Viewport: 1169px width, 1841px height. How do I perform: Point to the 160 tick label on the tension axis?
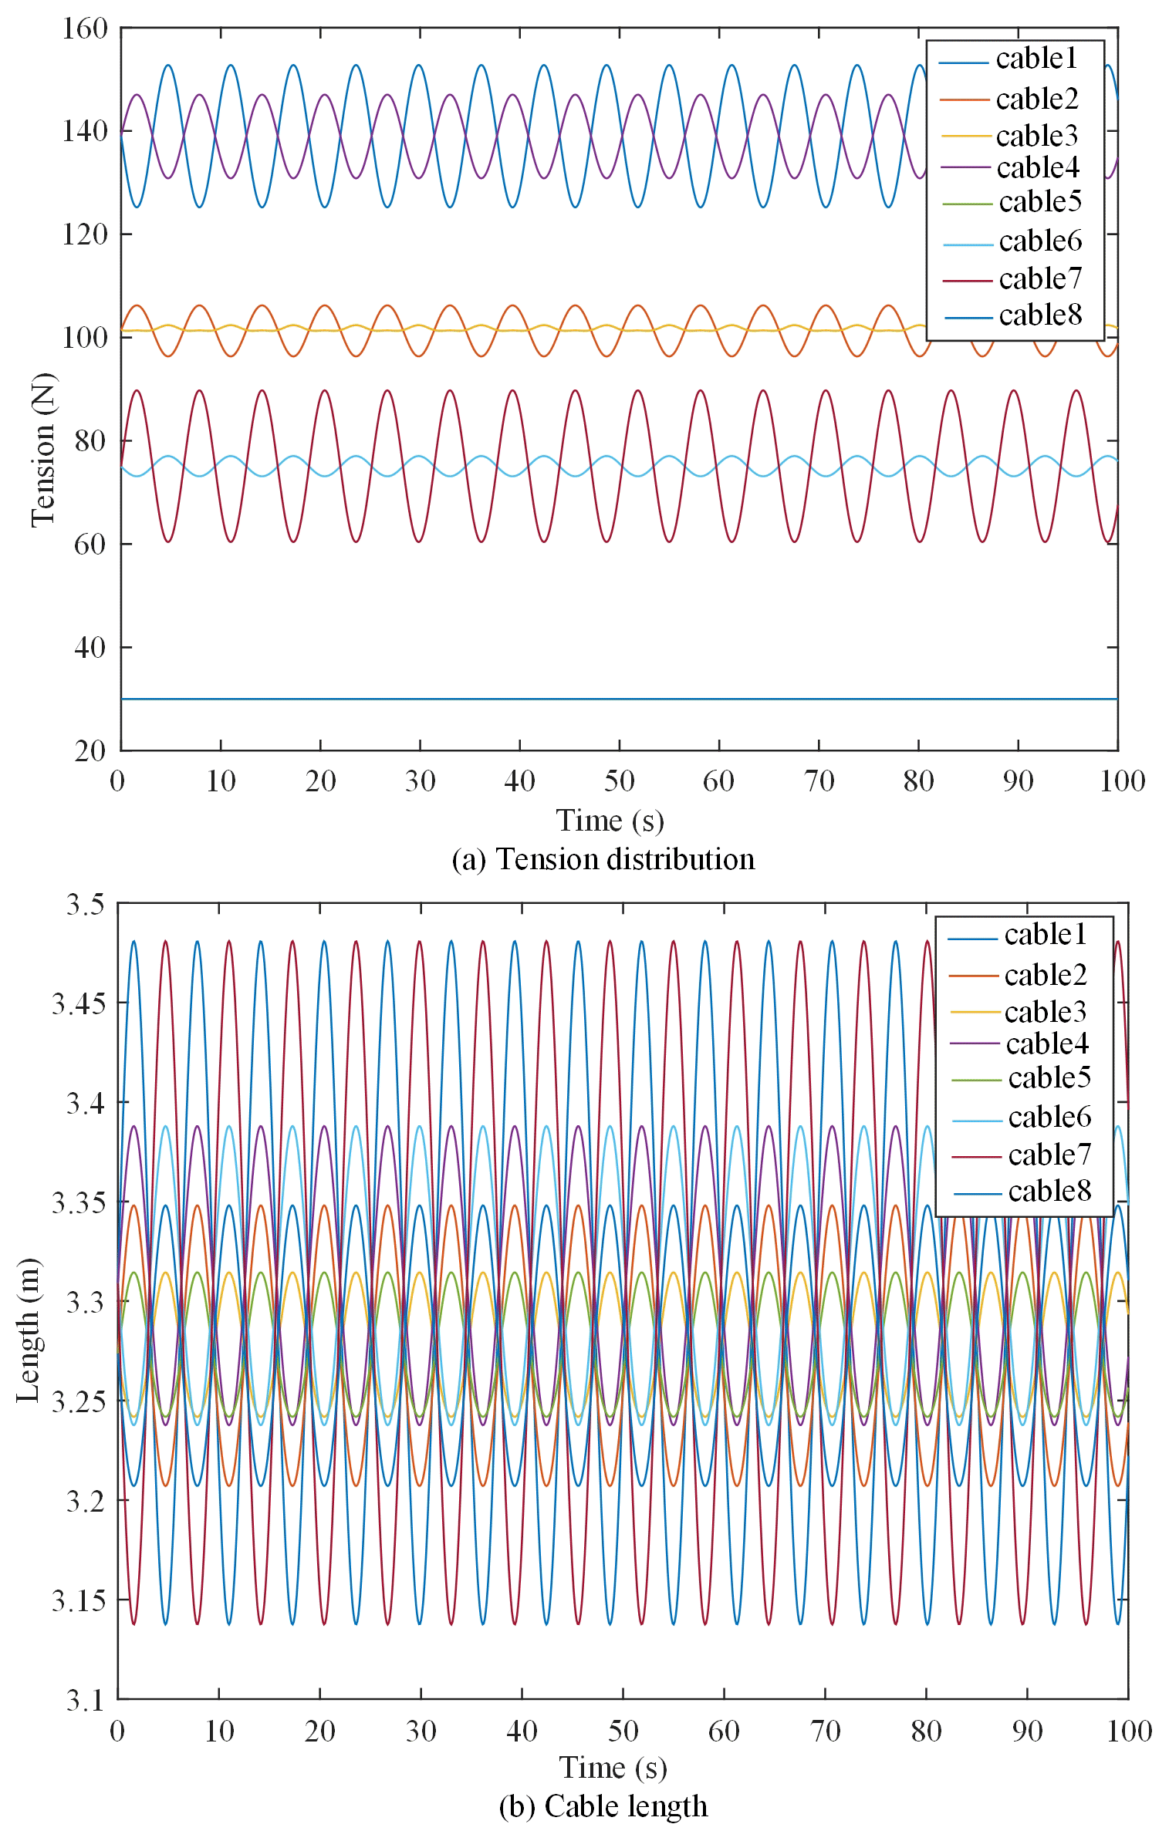click(x=85, y=29)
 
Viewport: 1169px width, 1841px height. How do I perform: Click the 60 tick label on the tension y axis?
click(x=90, y=545)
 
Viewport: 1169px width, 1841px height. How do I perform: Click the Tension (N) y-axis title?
click(x=43, y=450)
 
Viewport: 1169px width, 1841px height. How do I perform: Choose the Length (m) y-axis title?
click(x=29, y=1330)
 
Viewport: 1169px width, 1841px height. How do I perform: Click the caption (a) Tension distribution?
click(x=603, y=859)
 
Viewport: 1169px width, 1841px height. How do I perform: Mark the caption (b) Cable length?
click(x=603, y=1806)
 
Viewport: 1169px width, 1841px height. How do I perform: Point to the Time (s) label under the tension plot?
click(x=610, y=821)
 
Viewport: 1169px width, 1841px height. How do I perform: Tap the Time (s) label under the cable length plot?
click(x=613, y=1767)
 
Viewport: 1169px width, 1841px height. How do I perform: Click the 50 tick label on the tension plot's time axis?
click(x=619, y=781)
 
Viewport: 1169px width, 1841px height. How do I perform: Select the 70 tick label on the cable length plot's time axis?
click(x=825, y=1731)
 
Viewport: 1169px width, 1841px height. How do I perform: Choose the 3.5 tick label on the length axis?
click(x=85, y=904)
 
